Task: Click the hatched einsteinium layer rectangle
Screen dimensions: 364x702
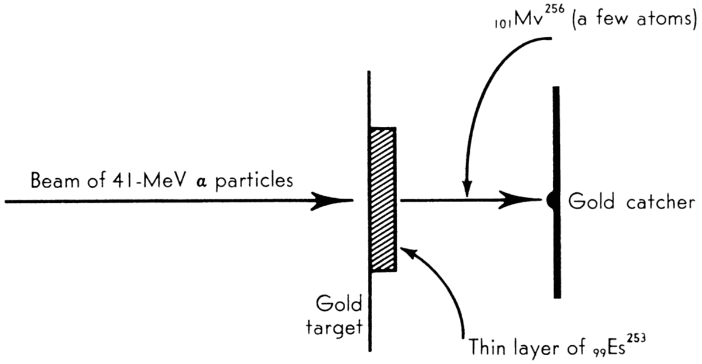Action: point(383,199)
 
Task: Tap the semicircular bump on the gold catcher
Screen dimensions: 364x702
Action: point(550,201)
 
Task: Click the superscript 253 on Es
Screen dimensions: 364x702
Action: point(639,338)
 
